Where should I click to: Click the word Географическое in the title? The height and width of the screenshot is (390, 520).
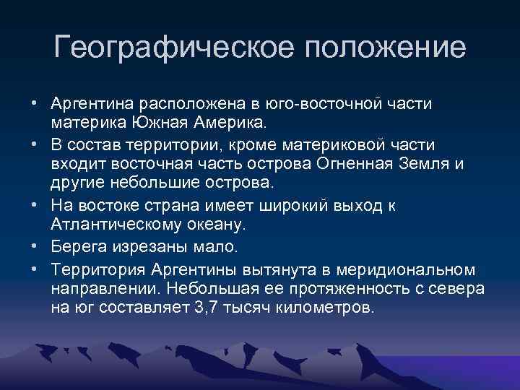[173, 48]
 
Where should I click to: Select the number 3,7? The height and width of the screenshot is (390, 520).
[235, 308]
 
